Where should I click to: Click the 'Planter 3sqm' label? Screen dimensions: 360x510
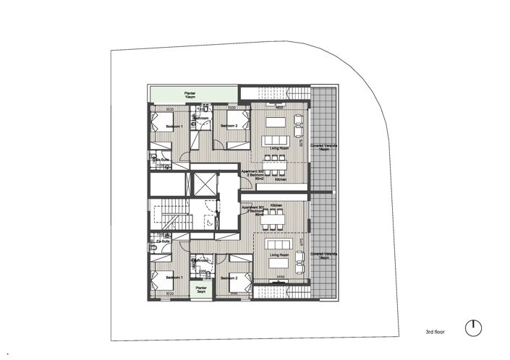tap(200, 291)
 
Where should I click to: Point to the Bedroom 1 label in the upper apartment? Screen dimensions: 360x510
tap(174, 127)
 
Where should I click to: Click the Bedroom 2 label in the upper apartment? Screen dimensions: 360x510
tap(229, 126)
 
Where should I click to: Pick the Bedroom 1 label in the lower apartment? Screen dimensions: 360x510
tap(174, 277)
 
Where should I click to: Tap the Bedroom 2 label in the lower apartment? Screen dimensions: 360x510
tap(229, 277)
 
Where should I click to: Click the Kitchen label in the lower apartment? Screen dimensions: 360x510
tap(276, 206)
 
